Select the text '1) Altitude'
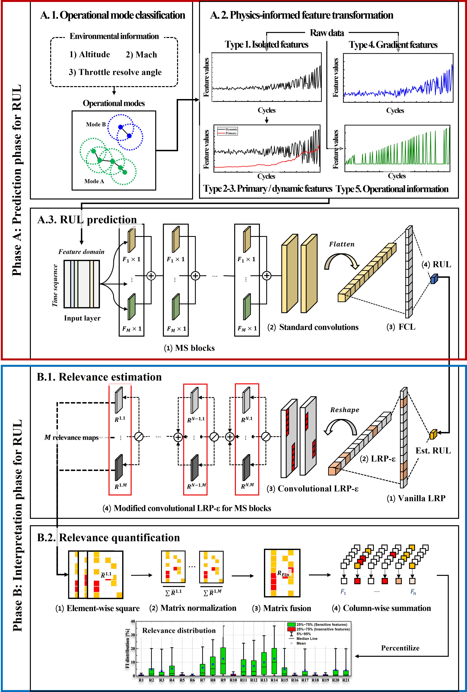(x=90, y=55)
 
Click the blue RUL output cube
(x=434, y=279)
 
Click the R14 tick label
(x=274, y=680)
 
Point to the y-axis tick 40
(x=133, y=621)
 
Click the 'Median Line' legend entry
(x=307, y=639)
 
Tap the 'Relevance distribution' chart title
(x=179, y=630)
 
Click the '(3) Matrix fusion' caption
(x=281, y=608)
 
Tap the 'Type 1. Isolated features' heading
(x=267, y=45)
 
